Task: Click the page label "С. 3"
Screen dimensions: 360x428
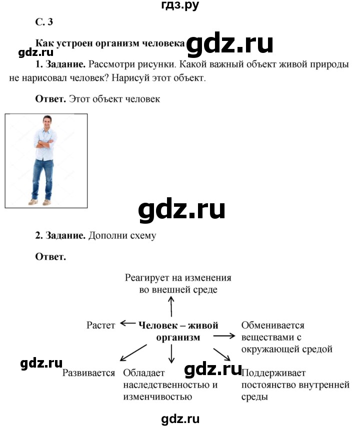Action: coord(44,22)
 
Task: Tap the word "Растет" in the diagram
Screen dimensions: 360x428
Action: coord(100,325)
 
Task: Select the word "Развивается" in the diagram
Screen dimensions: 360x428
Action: coord(88,373)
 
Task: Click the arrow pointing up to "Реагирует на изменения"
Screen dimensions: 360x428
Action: coord(171,307)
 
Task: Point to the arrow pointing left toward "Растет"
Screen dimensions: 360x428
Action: coord(128,323)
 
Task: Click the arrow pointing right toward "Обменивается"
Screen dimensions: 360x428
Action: coord(224,336)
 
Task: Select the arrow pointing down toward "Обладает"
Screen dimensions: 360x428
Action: coord(171,354)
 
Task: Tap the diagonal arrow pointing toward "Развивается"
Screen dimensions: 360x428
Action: coord(133,353)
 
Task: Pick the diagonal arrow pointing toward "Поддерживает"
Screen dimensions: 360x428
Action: coord(222,355)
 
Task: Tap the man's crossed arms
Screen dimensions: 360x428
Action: coord(45,143)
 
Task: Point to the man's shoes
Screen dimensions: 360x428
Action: coord(40,202)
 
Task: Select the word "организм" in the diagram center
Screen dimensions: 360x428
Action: coord(178,338)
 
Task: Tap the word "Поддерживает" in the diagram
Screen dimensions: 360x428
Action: coord(273,373)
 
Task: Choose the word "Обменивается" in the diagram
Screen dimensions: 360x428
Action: coord(273,325)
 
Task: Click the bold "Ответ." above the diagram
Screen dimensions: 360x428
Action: coord(50,257)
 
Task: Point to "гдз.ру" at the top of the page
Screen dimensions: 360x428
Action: coord(180,5)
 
